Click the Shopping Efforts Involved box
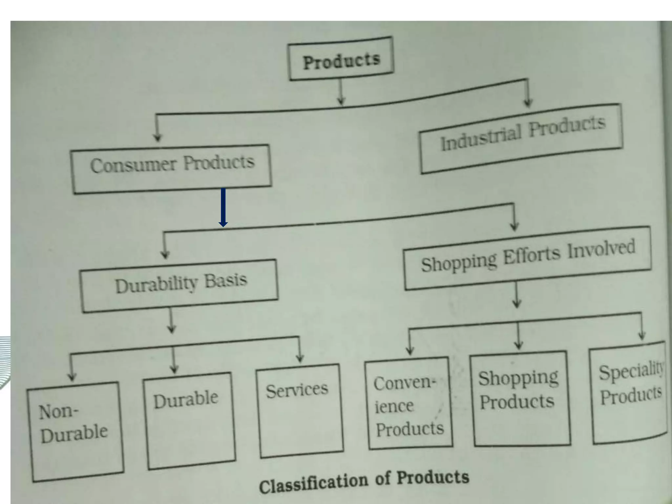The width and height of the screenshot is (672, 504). tap(528, 258)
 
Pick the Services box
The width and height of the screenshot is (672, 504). tap(299, 410)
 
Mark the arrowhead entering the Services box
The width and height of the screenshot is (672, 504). tap(299, 358)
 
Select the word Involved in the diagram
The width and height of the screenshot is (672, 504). tap(601, 249)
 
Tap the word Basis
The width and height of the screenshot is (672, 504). tap(226, 281)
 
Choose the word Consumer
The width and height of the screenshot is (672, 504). tap(133, 165)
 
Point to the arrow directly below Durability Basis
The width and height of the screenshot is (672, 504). tap(171, 322)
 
